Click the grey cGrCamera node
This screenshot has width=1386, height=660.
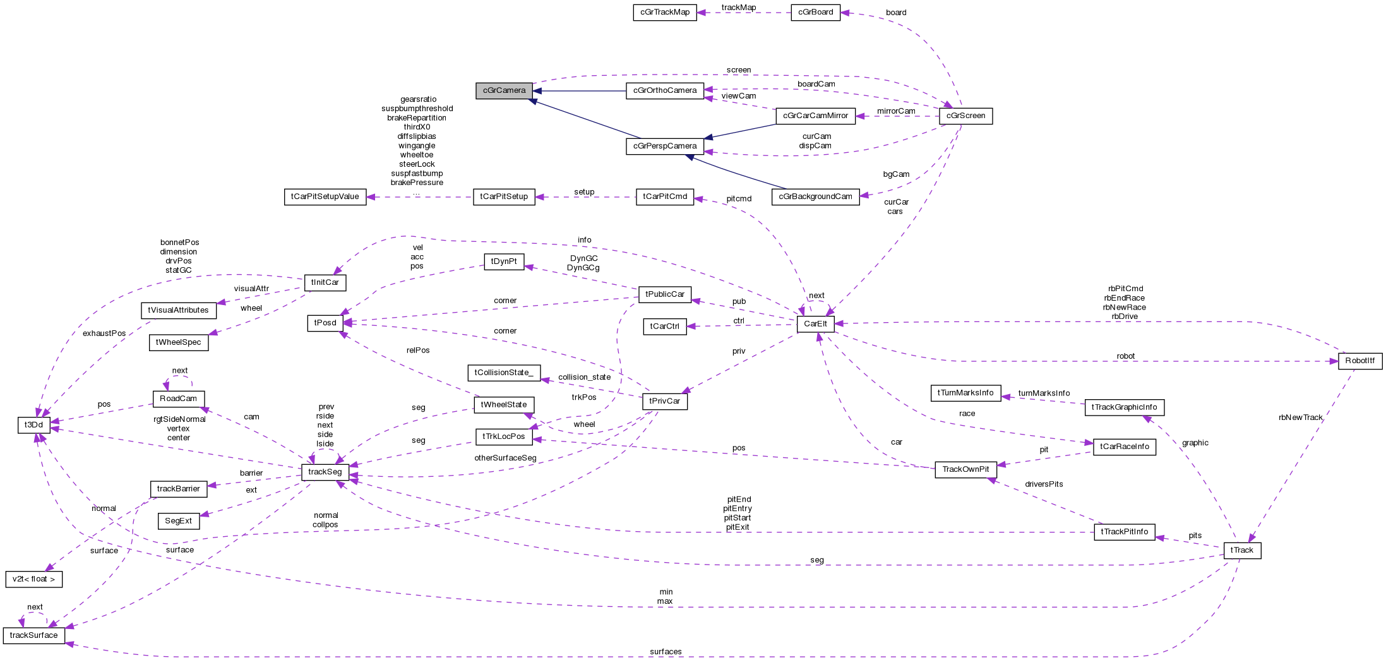(504, 90)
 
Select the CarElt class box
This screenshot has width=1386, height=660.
(815, 324)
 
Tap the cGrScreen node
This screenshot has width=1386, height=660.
(965, 116)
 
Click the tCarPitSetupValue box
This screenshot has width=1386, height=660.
(325, 197)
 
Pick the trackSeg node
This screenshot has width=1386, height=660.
(325, 472)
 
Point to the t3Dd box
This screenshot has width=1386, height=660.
(33, 425)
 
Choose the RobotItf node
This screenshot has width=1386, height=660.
(1359, 361)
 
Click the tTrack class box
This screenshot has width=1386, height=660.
(1241, 550)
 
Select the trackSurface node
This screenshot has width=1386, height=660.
(33, 635)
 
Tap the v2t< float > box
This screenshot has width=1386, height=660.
(33, 579)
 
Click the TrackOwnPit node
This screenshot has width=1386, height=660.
(965, 469)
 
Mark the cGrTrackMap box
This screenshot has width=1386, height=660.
(664, 12)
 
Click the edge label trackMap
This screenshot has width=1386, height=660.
(738, 8)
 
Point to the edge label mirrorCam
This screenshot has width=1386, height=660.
(895, 111)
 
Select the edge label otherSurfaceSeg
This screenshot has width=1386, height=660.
(505, 458)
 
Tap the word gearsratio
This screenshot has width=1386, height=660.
(418, 99)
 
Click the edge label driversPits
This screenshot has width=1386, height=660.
(1043, 484)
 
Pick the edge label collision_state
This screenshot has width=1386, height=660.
(584, 377)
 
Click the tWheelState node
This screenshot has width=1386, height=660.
(503, 405)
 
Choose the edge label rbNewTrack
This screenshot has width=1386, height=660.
(1300, 417)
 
